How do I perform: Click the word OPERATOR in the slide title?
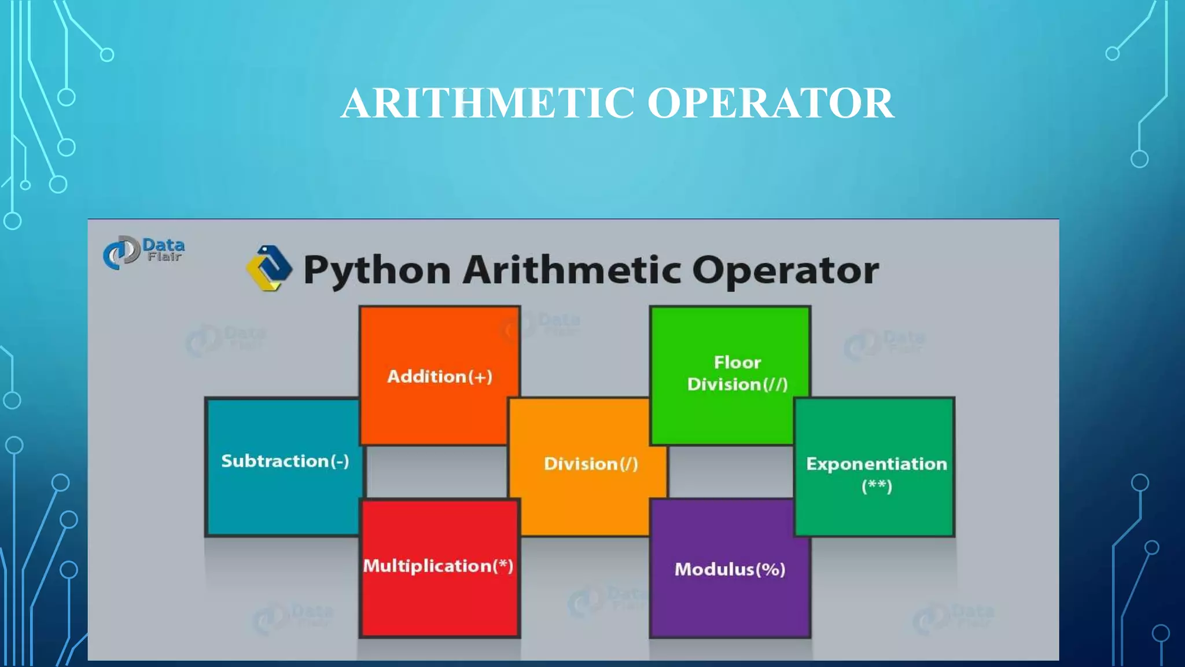[x=770, y=103]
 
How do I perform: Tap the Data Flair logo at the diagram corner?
[x=143, y=252]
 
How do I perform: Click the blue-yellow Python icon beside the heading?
[x=269, y=268]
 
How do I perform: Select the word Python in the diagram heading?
[x=377, y=270]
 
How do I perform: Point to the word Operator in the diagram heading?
[x=785, y=270]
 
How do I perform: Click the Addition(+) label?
[x=440, y=377]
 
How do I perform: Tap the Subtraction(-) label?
[x=285, y=461]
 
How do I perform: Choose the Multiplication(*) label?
[x=438, y=566]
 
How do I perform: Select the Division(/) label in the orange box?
[x=591, y=464]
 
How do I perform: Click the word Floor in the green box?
[x=737, y=362]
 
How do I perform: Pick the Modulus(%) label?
[x=730, y=569]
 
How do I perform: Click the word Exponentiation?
[x=876, y=464]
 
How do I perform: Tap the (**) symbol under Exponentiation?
[x=877, y=486]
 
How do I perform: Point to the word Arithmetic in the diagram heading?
[x=572, y=270]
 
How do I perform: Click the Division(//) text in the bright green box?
[x=737, y=384]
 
